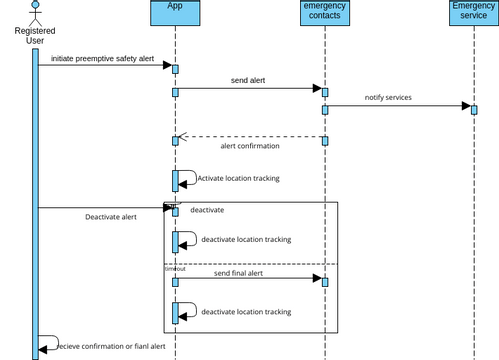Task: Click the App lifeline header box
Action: [175, 12]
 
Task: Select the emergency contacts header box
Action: [324, 12]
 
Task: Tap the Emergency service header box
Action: [474, 12]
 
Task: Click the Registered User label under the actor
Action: [35, 36]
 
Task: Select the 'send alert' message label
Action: [248, 81]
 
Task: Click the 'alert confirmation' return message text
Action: [249, 146]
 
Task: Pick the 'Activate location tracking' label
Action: [238, 179]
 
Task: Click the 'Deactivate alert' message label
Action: [110, 217]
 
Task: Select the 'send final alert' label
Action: [238, 273]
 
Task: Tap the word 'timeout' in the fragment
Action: [175, 268]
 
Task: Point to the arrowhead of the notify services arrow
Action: [466, 106]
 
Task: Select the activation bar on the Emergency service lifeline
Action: [474, 108]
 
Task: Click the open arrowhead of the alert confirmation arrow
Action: [180, 137]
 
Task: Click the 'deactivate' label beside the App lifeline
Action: [207, 210]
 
